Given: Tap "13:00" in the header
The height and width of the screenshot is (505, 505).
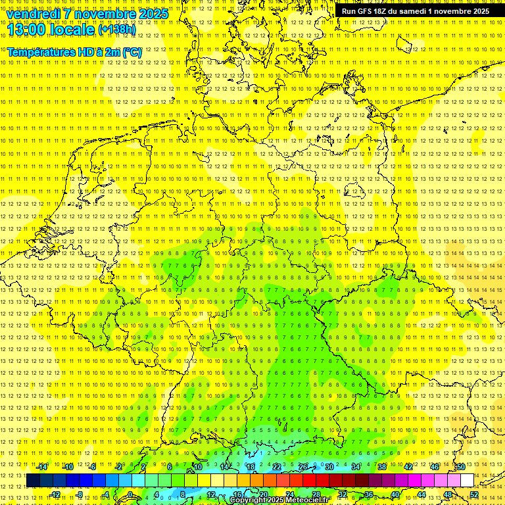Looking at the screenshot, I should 26,30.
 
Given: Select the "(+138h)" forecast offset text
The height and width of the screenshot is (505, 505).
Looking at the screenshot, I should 117,30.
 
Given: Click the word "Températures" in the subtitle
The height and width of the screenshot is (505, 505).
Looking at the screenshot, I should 40,51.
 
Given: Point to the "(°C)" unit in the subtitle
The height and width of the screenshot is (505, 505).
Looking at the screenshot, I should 130,51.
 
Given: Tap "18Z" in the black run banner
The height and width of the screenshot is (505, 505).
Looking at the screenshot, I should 382,11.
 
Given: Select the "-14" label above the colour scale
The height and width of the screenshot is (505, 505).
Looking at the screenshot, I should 41,467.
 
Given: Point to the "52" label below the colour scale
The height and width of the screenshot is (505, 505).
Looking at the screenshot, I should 474,494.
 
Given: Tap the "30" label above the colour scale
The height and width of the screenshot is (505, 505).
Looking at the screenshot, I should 329,467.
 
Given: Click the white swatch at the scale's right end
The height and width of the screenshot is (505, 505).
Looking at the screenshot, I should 467,481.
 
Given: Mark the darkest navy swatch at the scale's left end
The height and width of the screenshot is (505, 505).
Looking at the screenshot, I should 33,481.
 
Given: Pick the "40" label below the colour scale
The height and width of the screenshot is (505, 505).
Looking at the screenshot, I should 395,494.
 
